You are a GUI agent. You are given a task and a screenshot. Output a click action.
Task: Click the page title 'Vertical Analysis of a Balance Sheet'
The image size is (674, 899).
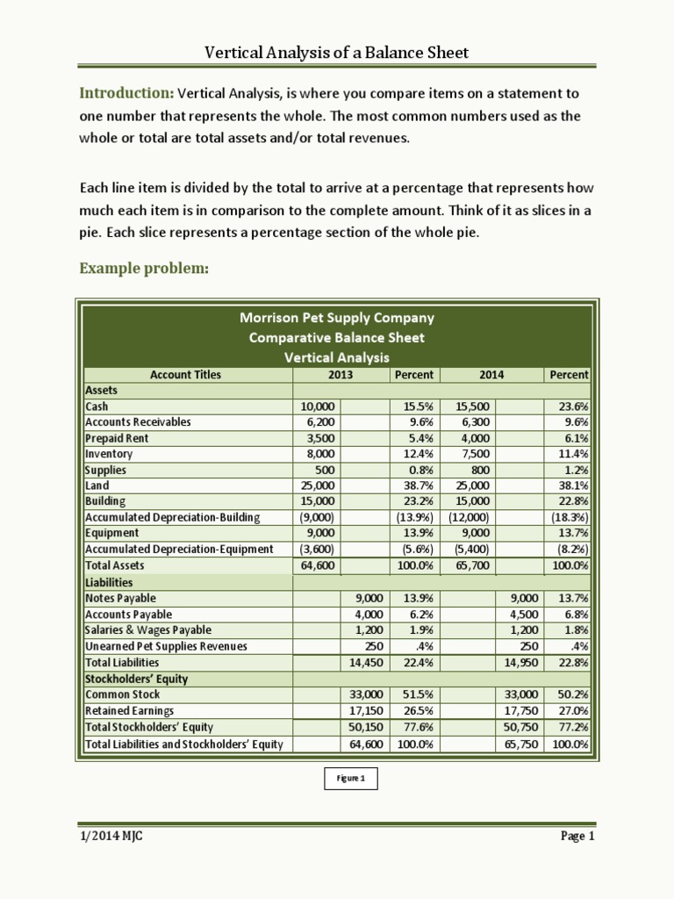click(336, 53)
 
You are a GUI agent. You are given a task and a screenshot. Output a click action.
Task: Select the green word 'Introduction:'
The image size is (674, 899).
click(126, 93)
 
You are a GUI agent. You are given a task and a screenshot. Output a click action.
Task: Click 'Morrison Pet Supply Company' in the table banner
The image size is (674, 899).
click(337, 318)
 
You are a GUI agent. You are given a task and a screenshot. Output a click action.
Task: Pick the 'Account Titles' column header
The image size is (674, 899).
click(186, 374)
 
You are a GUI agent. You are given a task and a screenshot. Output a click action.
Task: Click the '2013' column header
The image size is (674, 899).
click(340, 374)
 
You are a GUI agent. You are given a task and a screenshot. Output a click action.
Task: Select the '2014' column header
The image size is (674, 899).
click(491, 374)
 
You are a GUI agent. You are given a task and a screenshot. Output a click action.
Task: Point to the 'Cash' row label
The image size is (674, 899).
click(97, 406)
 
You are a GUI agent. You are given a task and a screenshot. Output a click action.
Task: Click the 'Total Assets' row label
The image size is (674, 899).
click(115, 565)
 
